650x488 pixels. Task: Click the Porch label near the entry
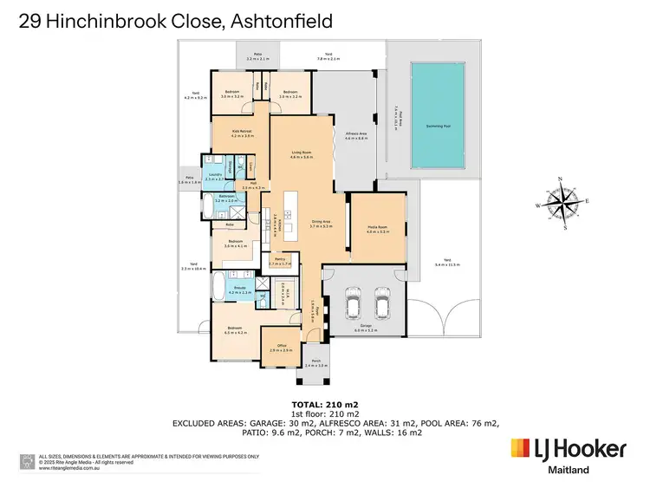(316, 364)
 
